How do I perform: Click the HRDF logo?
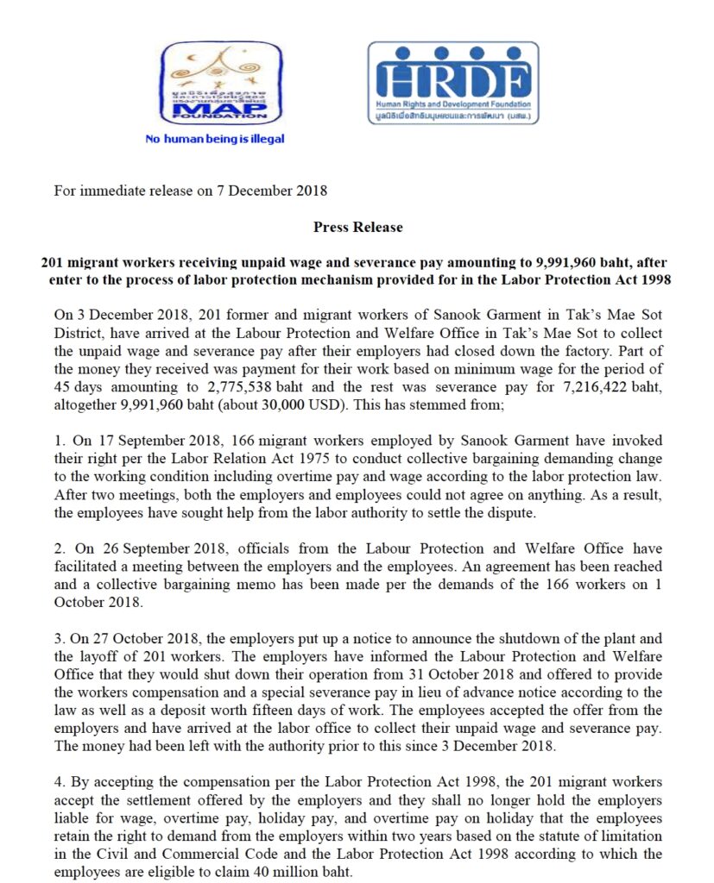tap(452, 82)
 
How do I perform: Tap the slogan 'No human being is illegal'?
tap(215, 138)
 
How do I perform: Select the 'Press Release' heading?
tap(357, 227)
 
